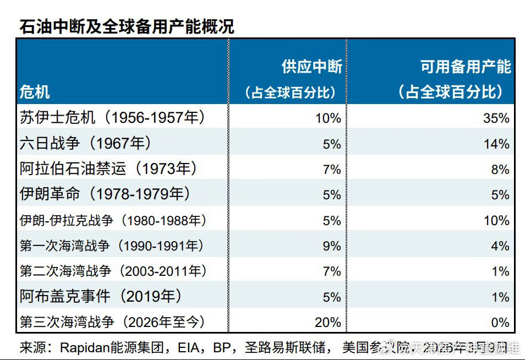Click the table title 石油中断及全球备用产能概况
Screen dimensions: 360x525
[x=127, y=26]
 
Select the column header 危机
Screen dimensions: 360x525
[x=35, y=91]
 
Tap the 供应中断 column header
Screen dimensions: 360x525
[x=311, y=67]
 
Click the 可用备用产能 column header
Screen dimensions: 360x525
[x=466, y=67]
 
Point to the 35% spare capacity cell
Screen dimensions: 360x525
[x=496, y=118]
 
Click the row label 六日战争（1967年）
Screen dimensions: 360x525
[x=85, y=143]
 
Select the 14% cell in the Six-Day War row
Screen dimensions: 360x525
[x=496, y=144]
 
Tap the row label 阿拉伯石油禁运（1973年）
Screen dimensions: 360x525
[x=108, y=168]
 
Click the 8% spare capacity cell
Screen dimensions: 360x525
[x=500, y=170]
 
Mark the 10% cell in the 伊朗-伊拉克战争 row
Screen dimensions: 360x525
[x=496, y=221]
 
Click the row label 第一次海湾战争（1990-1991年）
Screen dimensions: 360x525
[x=112, y=246]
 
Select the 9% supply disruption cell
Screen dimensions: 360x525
[x=332, y=246]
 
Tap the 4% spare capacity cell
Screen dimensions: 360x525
[x=500, y=246]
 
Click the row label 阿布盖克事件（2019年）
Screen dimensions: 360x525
[x=101, y=296]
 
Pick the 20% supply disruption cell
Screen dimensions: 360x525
[x=328, y=323]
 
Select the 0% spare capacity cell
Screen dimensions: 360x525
[x=500, y=323]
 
